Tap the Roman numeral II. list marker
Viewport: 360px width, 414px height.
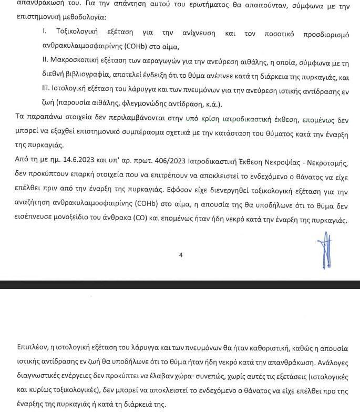[x=45, y=62]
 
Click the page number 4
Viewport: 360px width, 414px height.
[x=180, y=255]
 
